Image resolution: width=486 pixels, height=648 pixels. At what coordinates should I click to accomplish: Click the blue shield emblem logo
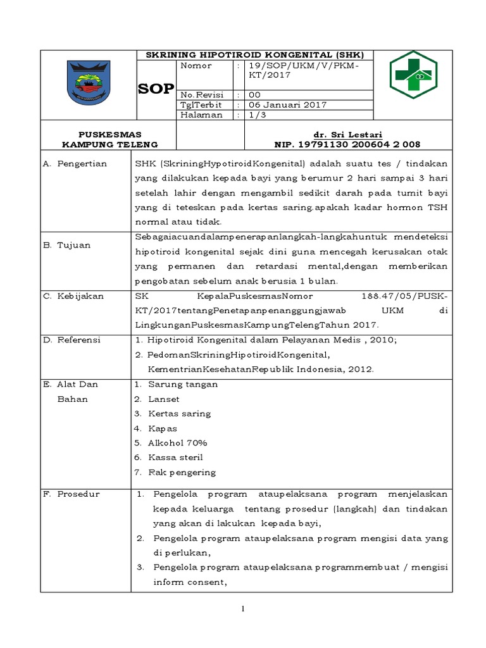[x=89, y=84]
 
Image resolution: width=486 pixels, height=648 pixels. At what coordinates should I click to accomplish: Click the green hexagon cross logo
[x=412, y=75]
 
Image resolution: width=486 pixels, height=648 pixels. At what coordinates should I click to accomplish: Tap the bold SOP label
[x=156, y=89]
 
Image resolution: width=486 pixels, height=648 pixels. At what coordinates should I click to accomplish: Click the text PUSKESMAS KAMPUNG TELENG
[x=109, y=139]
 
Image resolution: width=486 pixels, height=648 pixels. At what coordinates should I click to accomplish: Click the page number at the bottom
[x=242, y=609]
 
